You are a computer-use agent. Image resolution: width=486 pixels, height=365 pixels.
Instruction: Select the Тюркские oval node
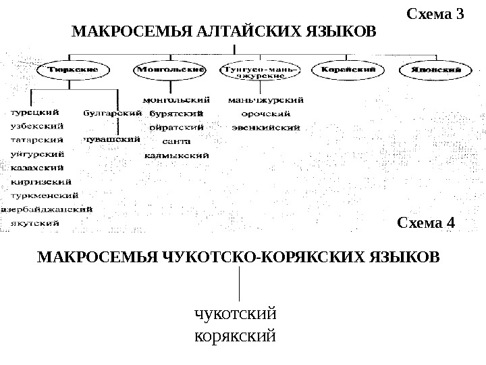pyautogui.click(x=74, y=69)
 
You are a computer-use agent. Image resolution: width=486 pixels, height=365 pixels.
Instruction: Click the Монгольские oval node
pyautogui.click(x=171, y=69)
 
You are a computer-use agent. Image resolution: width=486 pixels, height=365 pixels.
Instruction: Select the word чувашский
pyautogui.click(x=111, y=139)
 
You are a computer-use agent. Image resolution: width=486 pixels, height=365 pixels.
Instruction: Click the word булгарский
pyautogui.click(x=112, y=113)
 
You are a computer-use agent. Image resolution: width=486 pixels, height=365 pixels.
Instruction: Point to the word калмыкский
pyautogui.click(x=177, y=155)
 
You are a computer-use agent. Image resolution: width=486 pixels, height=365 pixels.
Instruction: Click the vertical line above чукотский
pyautogui.click(x=240, y=284)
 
